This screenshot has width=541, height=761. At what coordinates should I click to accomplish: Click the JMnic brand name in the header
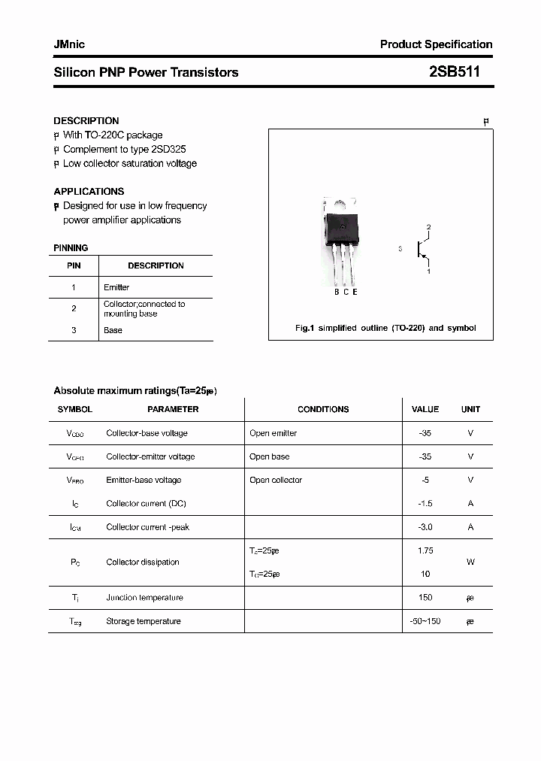click(x=69, y=44)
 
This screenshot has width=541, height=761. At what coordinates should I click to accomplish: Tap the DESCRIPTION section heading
click(x=86, y=120)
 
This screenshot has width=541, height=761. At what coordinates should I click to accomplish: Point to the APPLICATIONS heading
click(x=89, y=191)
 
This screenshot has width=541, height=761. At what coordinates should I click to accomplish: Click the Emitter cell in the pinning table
click(x=116, y=287)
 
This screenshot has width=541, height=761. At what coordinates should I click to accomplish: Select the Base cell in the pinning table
click(x=113, y=330)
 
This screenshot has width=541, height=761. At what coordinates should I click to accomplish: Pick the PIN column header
click(x=74, y=265)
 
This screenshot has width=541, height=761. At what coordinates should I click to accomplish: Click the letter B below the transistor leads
click(x=337, y=292)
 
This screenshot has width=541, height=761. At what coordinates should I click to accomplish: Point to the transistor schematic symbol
click(x=421, y=249)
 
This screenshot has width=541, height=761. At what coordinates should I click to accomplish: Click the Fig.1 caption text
click(x=384, y=328)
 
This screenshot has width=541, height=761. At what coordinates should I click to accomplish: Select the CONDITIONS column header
click(x=323, y=409)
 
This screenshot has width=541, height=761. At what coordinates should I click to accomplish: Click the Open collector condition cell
click(x=276, y=480)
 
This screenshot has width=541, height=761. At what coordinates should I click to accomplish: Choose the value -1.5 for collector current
click(x=425, y=504)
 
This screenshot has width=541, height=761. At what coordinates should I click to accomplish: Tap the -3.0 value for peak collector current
click(x=425, y=527)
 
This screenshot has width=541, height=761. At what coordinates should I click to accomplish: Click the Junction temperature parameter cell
click(x=144, y=598)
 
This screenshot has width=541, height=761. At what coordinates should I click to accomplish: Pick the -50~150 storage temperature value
click(x=425, y=621)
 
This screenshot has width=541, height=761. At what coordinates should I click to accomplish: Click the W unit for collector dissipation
click(x=470, y=562)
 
